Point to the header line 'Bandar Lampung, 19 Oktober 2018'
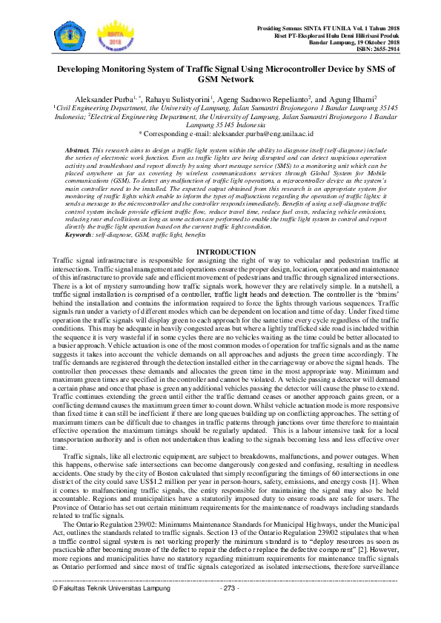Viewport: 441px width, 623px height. tap(364, 43)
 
